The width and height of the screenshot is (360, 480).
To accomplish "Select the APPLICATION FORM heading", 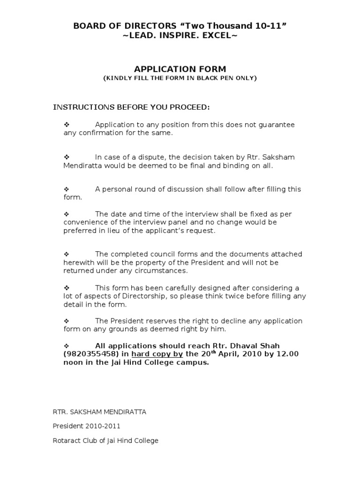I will pyautogui.click(x=180, y=69).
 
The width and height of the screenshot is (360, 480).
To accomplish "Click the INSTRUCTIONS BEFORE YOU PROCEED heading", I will pyautogui.click(x=131, y=107).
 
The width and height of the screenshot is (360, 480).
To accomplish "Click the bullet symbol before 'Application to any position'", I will pyautogui.click(x=66, y=125).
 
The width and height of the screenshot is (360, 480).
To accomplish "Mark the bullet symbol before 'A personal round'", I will pyautogui.click(x=66, y=189).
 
